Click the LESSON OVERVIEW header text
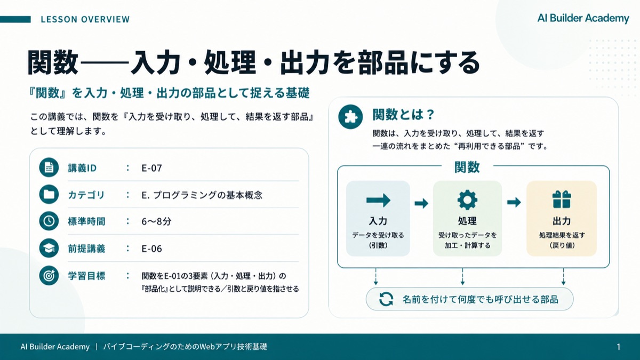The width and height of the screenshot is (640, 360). tap(85, 19)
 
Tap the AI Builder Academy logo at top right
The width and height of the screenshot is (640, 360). tap(583, 18)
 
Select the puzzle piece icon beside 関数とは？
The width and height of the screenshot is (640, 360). tap(350, 117)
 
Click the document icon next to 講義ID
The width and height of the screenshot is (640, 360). tap(49, 167)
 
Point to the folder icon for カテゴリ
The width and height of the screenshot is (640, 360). tap(49, 194)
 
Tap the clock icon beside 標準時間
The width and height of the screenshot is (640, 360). tap(49, 221)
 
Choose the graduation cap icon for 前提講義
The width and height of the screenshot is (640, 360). tap(49, 249)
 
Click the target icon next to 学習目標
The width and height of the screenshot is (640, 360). tap(49, 275)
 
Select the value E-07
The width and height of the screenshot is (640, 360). tap(151, 168)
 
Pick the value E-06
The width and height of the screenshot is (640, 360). tap(151, 249)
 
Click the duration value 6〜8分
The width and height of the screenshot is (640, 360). tap(156, 221)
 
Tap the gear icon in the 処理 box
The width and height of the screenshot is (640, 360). tap(467, 199)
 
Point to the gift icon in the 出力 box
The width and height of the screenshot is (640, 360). tap(562, 199)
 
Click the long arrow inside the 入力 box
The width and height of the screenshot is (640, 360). tap(378, 200)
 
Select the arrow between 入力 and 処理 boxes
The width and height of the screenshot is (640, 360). tap(421, 203)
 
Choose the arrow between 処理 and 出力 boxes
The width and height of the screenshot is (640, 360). tap(514, 202)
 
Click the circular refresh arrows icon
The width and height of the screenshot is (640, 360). tap(386, 299)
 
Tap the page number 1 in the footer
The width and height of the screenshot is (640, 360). tap(619, 347)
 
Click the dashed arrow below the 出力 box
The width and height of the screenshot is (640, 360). tap(563, 277)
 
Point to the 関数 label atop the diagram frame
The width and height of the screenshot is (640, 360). tap(467, 167)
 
